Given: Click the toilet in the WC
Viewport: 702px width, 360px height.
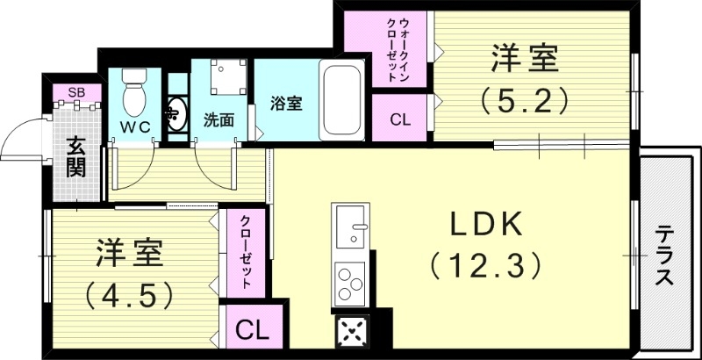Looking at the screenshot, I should pos(133,95).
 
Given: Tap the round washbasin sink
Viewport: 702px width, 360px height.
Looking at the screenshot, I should pos(176,114).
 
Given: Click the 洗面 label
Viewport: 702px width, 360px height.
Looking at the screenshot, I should pos(218,119).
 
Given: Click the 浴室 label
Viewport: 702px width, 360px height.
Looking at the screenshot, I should pos(286,104).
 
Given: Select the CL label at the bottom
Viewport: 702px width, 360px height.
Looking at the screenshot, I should pos(252,331).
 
